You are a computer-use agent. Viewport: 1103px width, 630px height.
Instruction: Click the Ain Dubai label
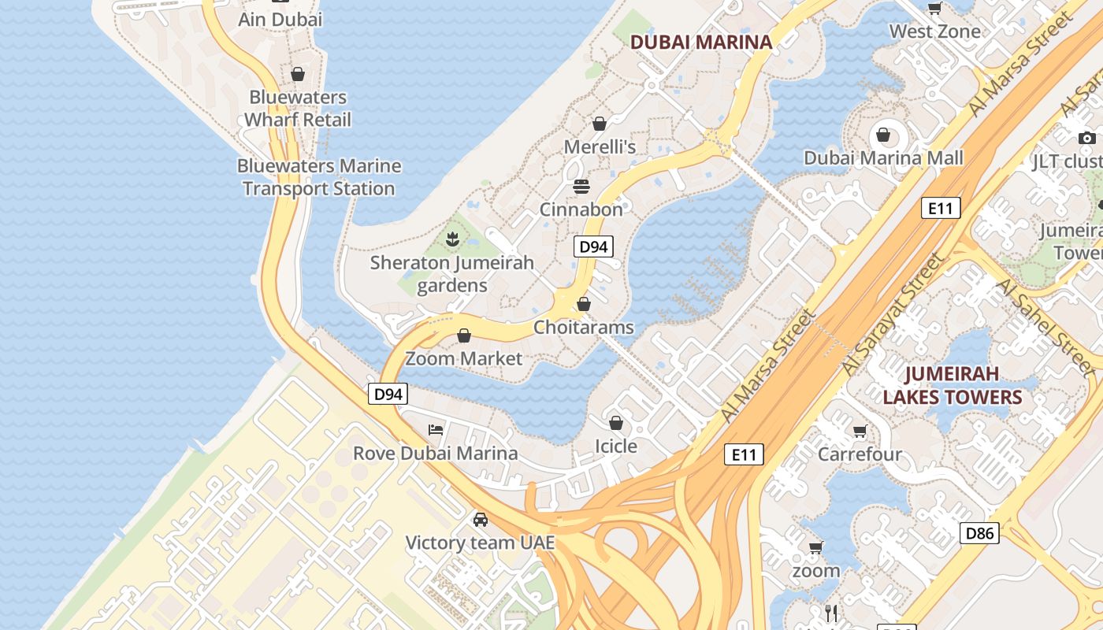[280, 20]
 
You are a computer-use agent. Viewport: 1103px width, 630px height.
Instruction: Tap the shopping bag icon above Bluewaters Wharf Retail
[298, 74]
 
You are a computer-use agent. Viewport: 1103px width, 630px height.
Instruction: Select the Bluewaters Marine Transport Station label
[319, 177]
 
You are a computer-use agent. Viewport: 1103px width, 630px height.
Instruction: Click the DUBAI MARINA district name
[701, 43]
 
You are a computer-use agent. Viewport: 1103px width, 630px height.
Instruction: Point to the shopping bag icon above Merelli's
[600, 124]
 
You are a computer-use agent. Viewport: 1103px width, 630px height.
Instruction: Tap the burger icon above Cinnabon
[581, 187]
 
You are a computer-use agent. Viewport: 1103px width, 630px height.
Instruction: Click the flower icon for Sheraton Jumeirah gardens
[452, 238]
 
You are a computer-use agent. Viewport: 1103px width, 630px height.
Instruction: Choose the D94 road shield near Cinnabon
[593, 247]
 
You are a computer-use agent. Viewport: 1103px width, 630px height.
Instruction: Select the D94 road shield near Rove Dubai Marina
[388, 394]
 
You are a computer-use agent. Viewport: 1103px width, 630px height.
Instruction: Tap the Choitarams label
[584, 327]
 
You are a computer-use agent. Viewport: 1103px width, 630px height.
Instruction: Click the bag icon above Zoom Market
[464, 336]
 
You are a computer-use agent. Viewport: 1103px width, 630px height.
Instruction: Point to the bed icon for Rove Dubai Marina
[436, 430]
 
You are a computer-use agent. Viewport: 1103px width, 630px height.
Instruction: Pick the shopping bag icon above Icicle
[616, 424]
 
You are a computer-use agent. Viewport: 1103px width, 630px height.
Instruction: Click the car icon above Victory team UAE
[480, 520]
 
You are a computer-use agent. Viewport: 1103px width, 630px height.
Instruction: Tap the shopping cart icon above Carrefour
[860, 432]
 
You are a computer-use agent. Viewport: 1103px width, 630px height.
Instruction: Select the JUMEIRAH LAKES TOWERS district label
[952, 385]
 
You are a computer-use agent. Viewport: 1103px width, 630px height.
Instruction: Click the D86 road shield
[979, 533]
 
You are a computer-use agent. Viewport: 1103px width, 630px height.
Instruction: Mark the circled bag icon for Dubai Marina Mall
[883, 135]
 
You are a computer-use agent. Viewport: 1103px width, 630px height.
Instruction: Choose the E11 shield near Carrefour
[744, 454]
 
